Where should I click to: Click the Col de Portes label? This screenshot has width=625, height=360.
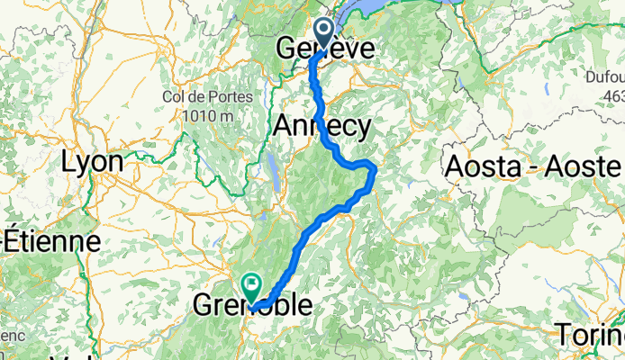click(198, 97)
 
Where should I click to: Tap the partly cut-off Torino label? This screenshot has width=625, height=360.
click(590, 336)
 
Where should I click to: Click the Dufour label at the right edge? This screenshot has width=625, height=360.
click(603, 79)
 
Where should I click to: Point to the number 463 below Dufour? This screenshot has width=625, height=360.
click(614, 96)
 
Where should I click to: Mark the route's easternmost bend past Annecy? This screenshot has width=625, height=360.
click(372, 168)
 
